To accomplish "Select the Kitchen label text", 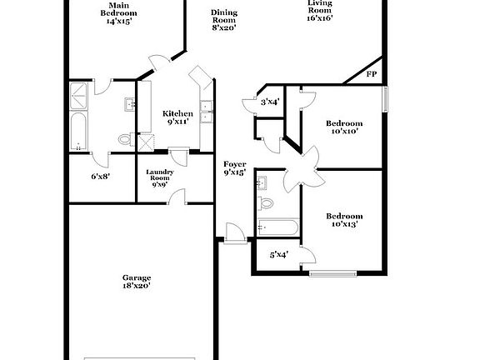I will click(177, 113).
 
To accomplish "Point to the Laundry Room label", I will click(159, 176).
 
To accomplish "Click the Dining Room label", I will click(223, 13).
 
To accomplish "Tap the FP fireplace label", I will click(372, 74).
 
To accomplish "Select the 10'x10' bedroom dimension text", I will click(342, 131).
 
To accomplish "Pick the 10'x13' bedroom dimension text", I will click(343, 224).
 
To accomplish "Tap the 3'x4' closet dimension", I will click(269, 102).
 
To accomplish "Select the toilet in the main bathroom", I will click(126, 139).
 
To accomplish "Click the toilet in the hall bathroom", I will click(267, 202).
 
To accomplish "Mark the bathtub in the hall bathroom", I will click(278, 227).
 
